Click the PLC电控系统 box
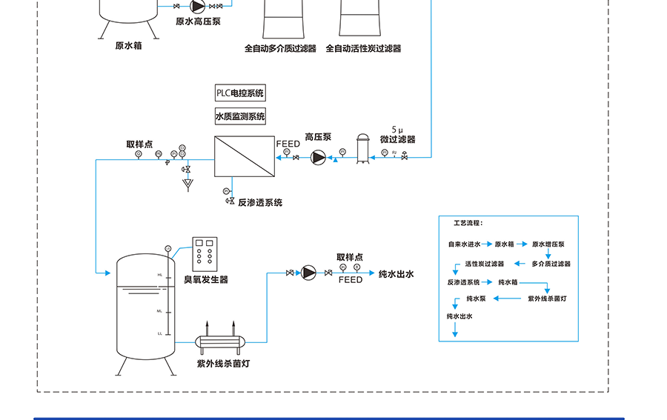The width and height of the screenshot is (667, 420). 239,93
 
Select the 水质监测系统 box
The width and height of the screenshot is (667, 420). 239,116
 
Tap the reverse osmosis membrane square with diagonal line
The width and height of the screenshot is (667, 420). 244,156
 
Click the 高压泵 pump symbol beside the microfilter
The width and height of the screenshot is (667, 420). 318,157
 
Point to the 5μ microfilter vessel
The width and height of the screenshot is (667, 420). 362,149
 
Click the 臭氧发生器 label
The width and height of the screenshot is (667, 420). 206,279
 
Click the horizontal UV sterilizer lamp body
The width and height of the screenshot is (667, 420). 222,342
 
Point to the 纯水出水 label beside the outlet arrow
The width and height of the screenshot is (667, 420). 396,274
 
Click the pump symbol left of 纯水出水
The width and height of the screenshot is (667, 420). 308,273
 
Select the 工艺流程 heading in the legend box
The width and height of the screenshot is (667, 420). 468,222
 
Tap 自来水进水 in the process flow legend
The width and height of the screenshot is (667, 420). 464,244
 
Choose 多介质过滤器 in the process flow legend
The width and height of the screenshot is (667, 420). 551,264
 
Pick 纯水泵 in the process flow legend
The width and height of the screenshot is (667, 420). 475,299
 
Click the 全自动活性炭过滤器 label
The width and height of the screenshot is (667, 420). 363,49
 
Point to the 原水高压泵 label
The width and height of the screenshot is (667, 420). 198,21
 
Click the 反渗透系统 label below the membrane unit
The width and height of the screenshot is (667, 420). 259,202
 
